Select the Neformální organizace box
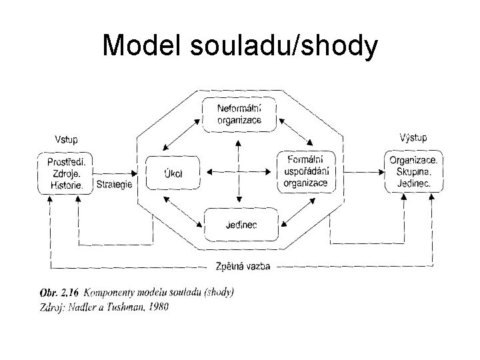click(x=239, y=114)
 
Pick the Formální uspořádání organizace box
click(x=305, y=171)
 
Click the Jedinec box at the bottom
click(x=239, y=225)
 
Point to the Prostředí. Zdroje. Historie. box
click(x=66, y=173)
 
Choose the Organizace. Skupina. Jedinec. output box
click(x=413, y=171)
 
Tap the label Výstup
click(x=413, y=138)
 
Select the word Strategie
click(x=115, y=184)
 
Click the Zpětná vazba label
click(x=239, y=266)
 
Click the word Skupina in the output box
click(x=413, y=171)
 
